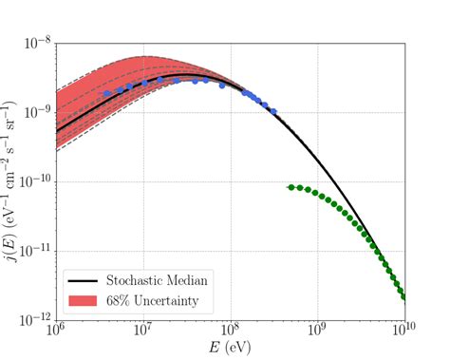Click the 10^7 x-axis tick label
(143, 332)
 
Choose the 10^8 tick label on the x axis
(231, 332)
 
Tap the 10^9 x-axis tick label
(318, 332)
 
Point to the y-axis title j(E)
(11, 180)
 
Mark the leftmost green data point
(291, 187)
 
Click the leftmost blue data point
(107, 93)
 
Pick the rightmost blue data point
(273, 111)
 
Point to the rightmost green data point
(404, 296)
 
